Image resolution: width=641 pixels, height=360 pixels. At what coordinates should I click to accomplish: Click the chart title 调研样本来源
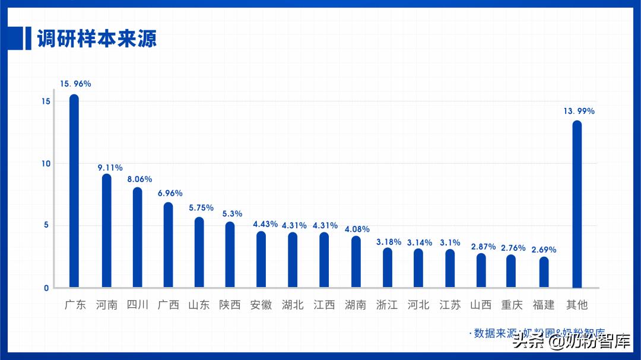click(97, 39)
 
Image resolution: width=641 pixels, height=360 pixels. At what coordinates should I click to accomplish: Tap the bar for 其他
click(577, 205)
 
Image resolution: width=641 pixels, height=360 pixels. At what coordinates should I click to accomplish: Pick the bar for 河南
click(106, 231)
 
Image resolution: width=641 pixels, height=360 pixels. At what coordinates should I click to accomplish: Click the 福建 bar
click(544, 273)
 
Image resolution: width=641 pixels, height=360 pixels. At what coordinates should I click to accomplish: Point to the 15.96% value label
click(75, 84)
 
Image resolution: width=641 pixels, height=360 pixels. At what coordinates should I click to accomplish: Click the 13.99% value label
click(579, 111)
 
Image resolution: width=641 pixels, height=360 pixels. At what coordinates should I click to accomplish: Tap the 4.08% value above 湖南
click(357, 229)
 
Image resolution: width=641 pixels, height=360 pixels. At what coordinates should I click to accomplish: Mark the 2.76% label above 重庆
click(513, 248)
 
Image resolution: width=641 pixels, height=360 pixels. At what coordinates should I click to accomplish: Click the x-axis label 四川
click(138, 305)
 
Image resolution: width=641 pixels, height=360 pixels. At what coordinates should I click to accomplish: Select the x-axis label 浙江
click(387, 305)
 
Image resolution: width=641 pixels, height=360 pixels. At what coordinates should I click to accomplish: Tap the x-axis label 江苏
click(450, 305)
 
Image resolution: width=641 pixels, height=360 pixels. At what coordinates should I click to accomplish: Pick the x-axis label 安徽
click(261, 305)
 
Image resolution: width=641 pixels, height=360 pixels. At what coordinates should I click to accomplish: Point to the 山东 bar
click(199, 253)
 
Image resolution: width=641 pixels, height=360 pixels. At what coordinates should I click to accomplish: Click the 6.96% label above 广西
click(170, 193)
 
